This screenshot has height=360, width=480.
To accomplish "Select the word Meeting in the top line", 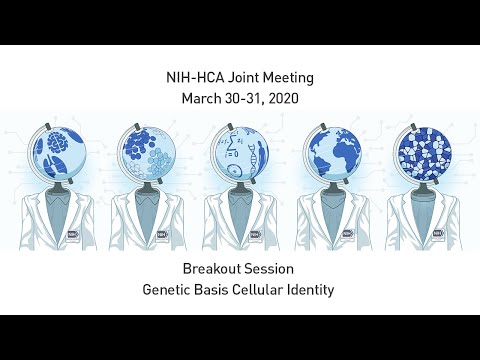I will (x=290, y=78).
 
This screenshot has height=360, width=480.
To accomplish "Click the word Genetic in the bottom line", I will (x=172, y=291).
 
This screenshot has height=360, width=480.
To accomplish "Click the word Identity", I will (x=322, y=291).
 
